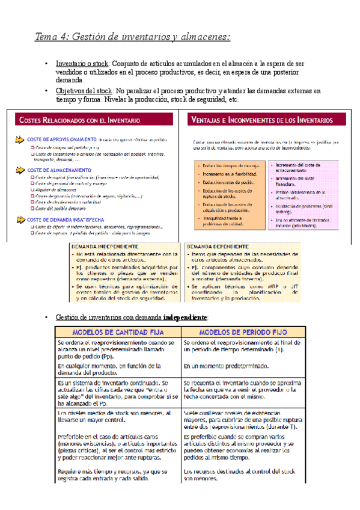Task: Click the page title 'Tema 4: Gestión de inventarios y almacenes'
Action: (x=132, y=37)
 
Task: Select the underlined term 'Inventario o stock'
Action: (x=81, y=63)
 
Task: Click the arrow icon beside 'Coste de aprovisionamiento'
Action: (x=20, y=140)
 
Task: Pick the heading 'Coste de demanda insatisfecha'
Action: (x=64, y=220)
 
